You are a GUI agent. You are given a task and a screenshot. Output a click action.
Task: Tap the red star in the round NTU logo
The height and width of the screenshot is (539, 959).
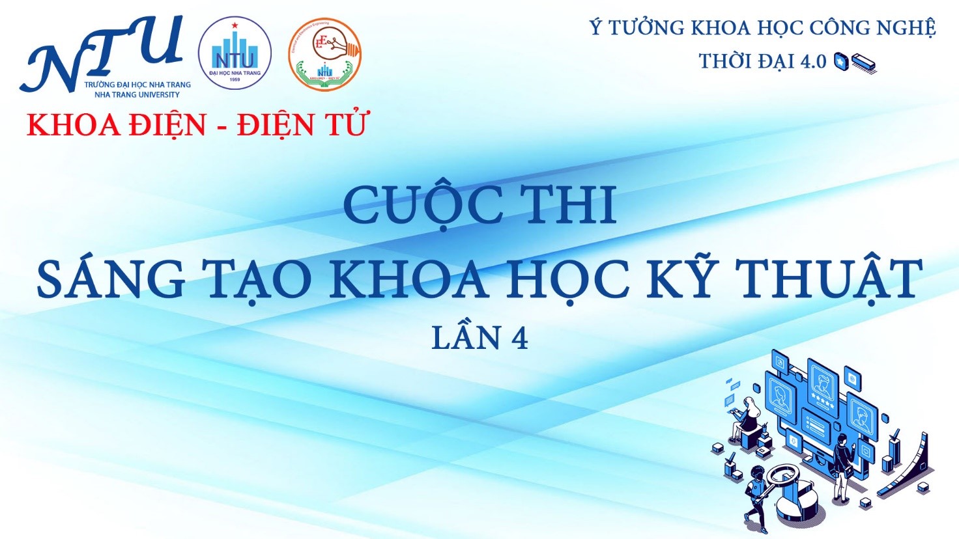[233, 25]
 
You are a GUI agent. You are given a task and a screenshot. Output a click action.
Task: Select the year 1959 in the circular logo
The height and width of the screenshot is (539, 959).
[235, 79]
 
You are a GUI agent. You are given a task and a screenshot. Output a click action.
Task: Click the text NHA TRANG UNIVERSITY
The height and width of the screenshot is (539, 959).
[137, 94]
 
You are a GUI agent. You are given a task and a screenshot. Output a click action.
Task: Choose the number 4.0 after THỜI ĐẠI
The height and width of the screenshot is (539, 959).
[812, 61]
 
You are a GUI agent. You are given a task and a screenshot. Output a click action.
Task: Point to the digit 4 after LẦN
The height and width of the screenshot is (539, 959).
[519, 339]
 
